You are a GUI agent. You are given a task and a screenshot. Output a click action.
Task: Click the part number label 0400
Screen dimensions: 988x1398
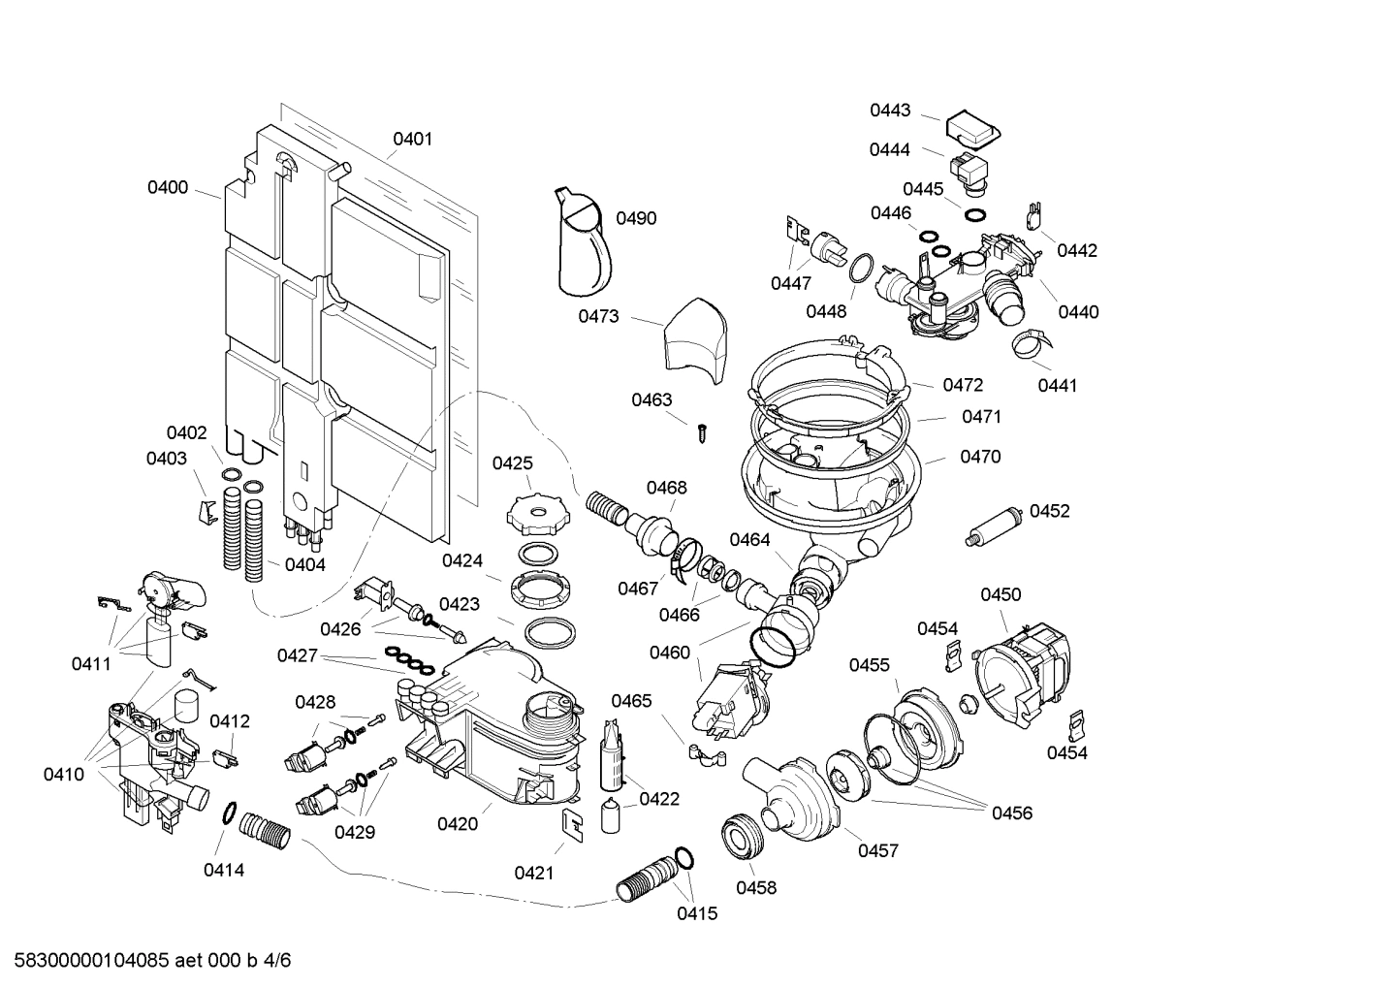click(x=168, y=187)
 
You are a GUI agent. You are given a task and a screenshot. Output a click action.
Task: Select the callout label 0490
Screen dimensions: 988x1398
click(x=636, y=218)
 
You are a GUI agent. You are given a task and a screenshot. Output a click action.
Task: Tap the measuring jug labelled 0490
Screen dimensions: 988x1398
click(x=585, y=242)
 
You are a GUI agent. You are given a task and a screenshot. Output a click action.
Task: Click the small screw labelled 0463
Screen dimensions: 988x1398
click(x=703, y=432)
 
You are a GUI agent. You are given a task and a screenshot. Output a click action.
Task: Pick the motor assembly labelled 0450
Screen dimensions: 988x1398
click(x=1023, y=669)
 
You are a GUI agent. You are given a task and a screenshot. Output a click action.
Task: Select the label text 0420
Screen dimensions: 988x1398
click(x=457, y=824)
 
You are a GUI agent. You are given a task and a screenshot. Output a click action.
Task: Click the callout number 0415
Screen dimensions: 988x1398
click(x=697, y=913)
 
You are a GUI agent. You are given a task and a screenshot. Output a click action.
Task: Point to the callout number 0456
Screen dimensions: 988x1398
click(x=1011, y=813)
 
